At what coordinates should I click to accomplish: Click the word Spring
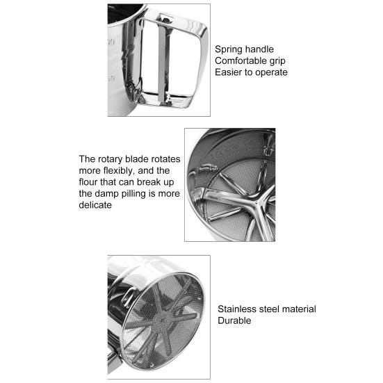(x=228, y=49)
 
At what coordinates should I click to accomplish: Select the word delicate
(x=95, y=205)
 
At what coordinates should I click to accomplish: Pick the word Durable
(x=234, y=320)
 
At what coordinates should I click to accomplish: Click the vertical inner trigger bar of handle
(x=161, y=61)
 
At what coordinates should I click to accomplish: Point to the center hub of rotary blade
(x=256, y=202)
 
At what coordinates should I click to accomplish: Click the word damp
(x=106, y=194)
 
